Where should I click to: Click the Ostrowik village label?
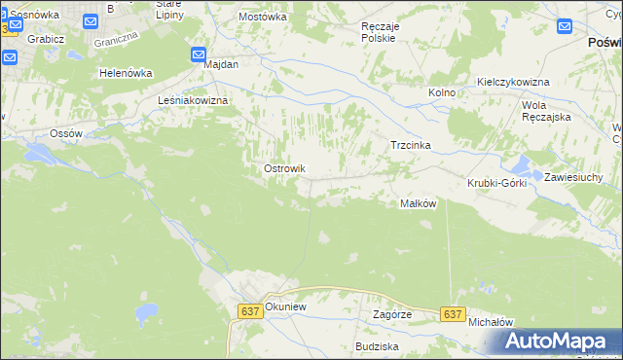(x=284, y=168)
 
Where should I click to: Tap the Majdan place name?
(x=221, y=64)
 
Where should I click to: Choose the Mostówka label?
(x=262, y=17)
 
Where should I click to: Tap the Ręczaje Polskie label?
(x=378, y=32)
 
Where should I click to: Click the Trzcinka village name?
(x=410, y=145)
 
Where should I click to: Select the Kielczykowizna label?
(x=513, y=82)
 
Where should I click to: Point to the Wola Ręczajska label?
(x=545, y=110)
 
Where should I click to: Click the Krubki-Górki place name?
(x=496, y=183)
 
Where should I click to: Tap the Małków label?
(x=418, y=203)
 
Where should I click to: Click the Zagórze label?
(x=392, y=314)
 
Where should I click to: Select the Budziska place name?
(x=377, y=345)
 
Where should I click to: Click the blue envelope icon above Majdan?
(x=199, y=55)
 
